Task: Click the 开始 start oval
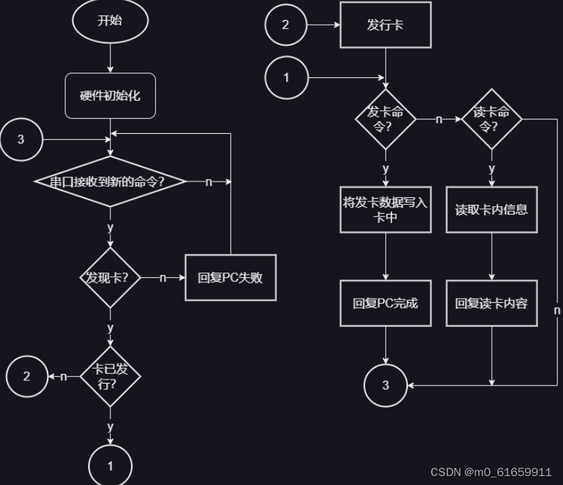tap(110, 20)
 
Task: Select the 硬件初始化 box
tap(110, 96)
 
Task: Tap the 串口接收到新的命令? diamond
tap(110, 181)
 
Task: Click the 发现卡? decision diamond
tap(110, 277)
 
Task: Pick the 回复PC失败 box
tap(230, 278)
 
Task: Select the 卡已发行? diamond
tap(110, 377)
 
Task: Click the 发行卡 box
tap(385, 25)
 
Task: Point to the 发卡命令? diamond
tap(385, 119)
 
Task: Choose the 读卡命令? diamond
tap(492, 119)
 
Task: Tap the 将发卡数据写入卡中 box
tap(385, 209)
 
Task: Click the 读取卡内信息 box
tap(491, 209)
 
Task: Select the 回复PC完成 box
tap(385, 303)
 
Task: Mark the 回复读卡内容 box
tap(491, 303)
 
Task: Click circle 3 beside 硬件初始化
tap(21, 139)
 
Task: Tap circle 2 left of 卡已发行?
tap(27, 377)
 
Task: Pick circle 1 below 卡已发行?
tap(110, 466)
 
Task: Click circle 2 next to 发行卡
tap(286, 25)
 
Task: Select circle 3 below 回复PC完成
tap(385, 385)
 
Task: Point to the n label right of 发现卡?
tap(163, 278)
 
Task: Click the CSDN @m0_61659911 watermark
tap(491, 473)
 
